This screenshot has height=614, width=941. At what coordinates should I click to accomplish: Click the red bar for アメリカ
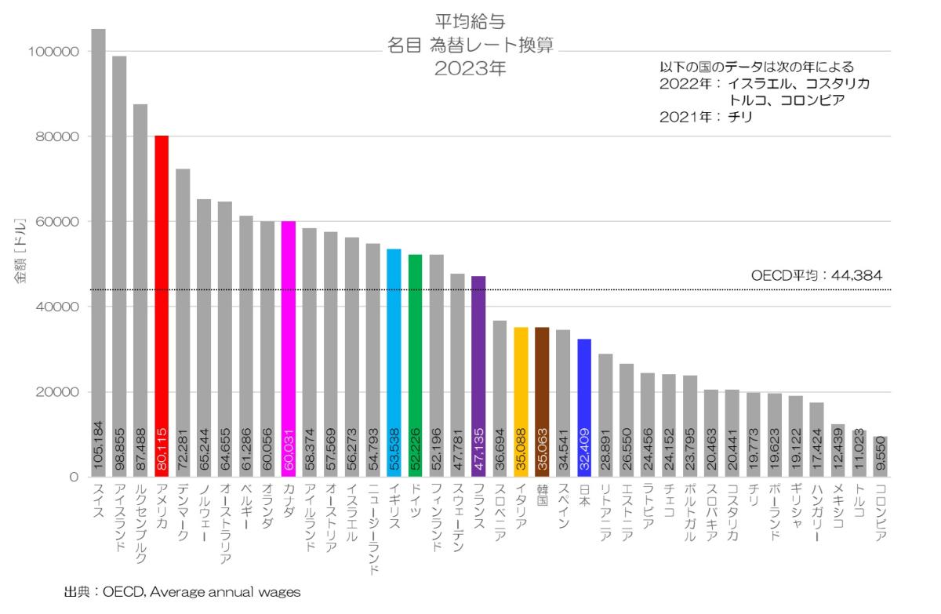162,306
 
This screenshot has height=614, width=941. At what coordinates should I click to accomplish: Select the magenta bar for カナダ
289,349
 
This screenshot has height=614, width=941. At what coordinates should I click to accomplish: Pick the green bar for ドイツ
415,365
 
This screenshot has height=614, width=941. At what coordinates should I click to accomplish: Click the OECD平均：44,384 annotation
816,275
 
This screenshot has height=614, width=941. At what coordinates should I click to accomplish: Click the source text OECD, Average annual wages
201,593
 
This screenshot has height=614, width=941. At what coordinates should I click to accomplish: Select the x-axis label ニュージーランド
372,529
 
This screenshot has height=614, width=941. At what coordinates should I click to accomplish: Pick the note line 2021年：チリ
706,117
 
